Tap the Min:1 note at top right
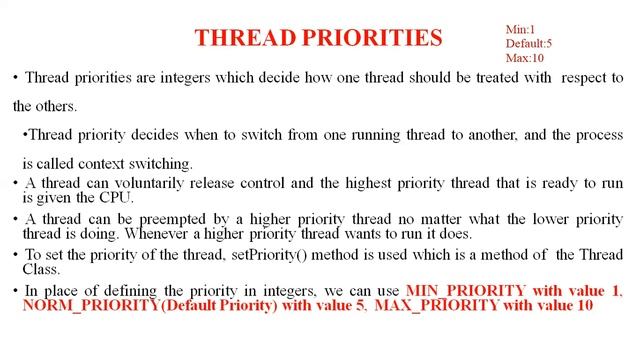(x=520, y=30)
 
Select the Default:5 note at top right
(x=528, y=44)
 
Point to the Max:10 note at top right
(x=524, y=58)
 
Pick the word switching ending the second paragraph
(x=165, y=164)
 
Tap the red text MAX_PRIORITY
(x=437, y=305)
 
